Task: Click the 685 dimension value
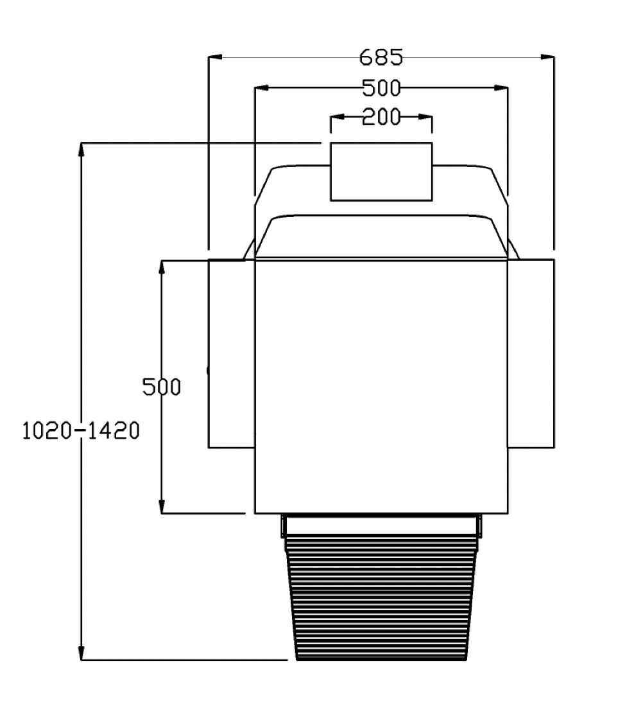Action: pos(381,57)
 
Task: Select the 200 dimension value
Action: pos(381,117)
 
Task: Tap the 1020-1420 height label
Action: pos(81,430)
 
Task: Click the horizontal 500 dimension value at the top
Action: pos(381,88)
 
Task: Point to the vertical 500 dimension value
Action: pos(162,387)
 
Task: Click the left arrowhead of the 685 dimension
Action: pos(215,57)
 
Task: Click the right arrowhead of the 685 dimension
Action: pos(547,57)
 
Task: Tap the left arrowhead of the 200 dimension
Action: pos(337,117)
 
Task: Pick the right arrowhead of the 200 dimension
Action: pos(425,117)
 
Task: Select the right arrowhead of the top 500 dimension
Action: pos(501,87)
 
